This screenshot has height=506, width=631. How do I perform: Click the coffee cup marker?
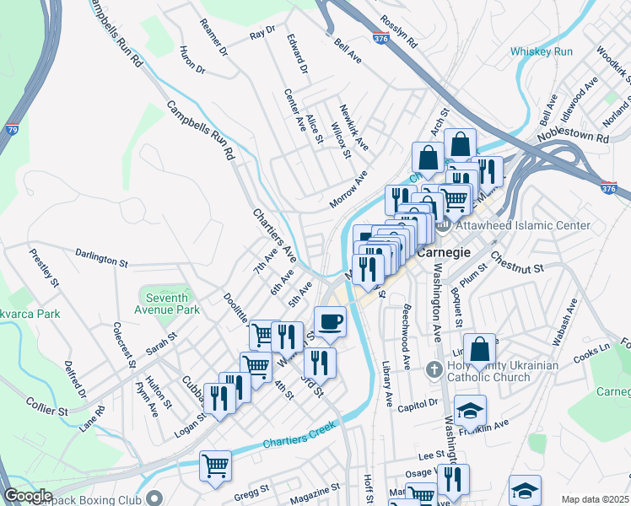pos(330,321)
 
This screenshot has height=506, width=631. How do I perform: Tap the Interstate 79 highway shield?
pos(11,130)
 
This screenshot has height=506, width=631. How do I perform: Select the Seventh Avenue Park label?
pos(172,304)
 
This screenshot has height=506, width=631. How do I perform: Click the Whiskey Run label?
pos(541,52)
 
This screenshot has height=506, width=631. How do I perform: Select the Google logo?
pos(28,496)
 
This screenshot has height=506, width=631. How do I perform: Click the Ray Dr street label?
pos(262,34)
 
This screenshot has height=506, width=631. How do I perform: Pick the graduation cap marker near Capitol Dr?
pos(471,411)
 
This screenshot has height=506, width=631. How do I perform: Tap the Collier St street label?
pos(46,406)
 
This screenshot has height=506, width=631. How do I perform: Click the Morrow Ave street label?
pos(348,191)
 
